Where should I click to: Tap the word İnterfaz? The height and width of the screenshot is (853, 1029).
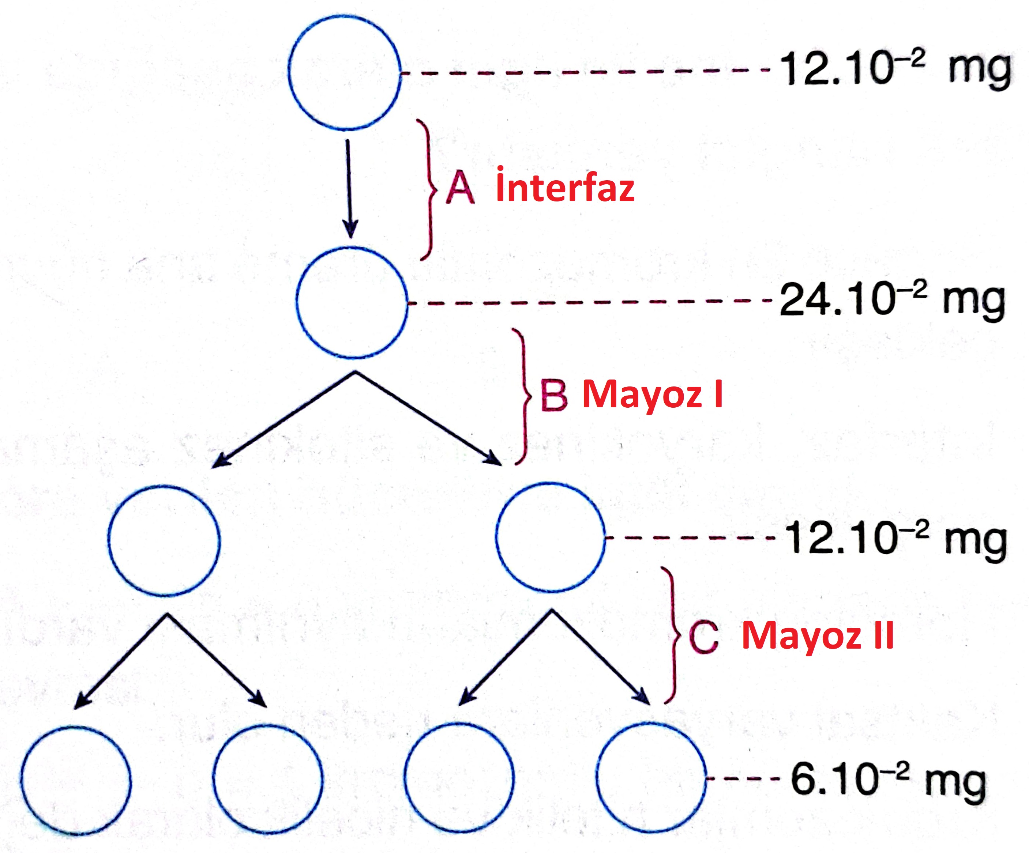565,186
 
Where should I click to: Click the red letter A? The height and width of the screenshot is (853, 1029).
459,189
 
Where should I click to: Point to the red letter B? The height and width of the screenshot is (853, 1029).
554,395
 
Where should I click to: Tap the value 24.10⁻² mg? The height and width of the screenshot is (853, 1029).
892,300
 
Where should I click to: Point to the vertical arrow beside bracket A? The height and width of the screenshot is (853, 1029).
349,189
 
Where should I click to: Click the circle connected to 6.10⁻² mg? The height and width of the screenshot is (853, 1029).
652,778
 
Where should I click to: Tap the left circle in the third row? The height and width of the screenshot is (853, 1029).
164,541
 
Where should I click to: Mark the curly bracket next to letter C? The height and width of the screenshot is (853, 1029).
673,635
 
